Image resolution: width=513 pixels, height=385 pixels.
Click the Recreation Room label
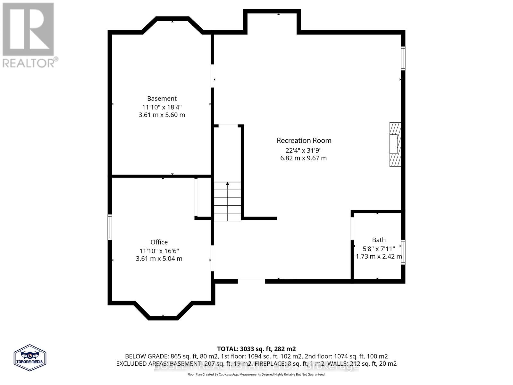[x=304, y=141]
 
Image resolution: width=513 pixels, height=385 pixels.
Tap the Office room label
[x=159, y=242]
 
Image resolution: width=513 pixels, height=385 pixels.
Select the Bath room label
[x=379, y=240]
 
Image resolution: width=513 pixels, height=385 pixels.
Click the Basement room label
[x=162, y=98]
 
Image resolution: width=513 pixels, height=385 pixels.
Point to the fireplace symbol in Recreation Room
[x=395, y=144]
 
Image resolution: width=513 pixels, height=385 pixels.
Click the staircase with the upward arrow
[x=227, y=201]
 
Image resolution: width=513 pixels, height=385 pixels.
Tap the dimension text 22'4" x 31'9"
[x=303, y=150]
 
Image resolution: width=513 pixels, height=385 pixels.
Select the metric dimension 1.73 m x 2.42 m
[x=379, y=257]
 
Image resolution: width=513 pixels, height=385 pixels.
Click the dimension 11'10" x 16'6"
[x=159, y=251]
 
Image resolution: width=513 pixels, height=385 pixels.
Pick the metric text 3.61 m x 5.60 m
[x=162, y=115]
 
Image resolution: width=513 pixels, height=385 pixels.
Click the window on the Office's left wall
[x=110, y=227]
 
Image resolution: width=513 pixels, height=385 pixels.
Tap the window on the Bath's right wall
[x=403, y=252]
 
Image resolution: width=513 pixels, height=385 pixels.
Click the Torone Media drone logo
[x=30, y=357]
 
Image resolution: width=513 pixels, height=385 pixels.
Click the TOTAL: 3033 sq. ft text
[x=256, y=349]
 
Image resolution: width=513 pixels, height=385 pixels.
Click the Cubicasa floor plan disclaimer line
[x=256, y=374]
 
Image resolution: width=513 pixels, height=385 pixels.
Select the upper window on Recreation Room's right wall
[x=403, y=58]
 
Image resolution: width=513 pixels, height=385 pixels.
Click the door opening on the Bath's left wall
[x=352, y=228]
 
